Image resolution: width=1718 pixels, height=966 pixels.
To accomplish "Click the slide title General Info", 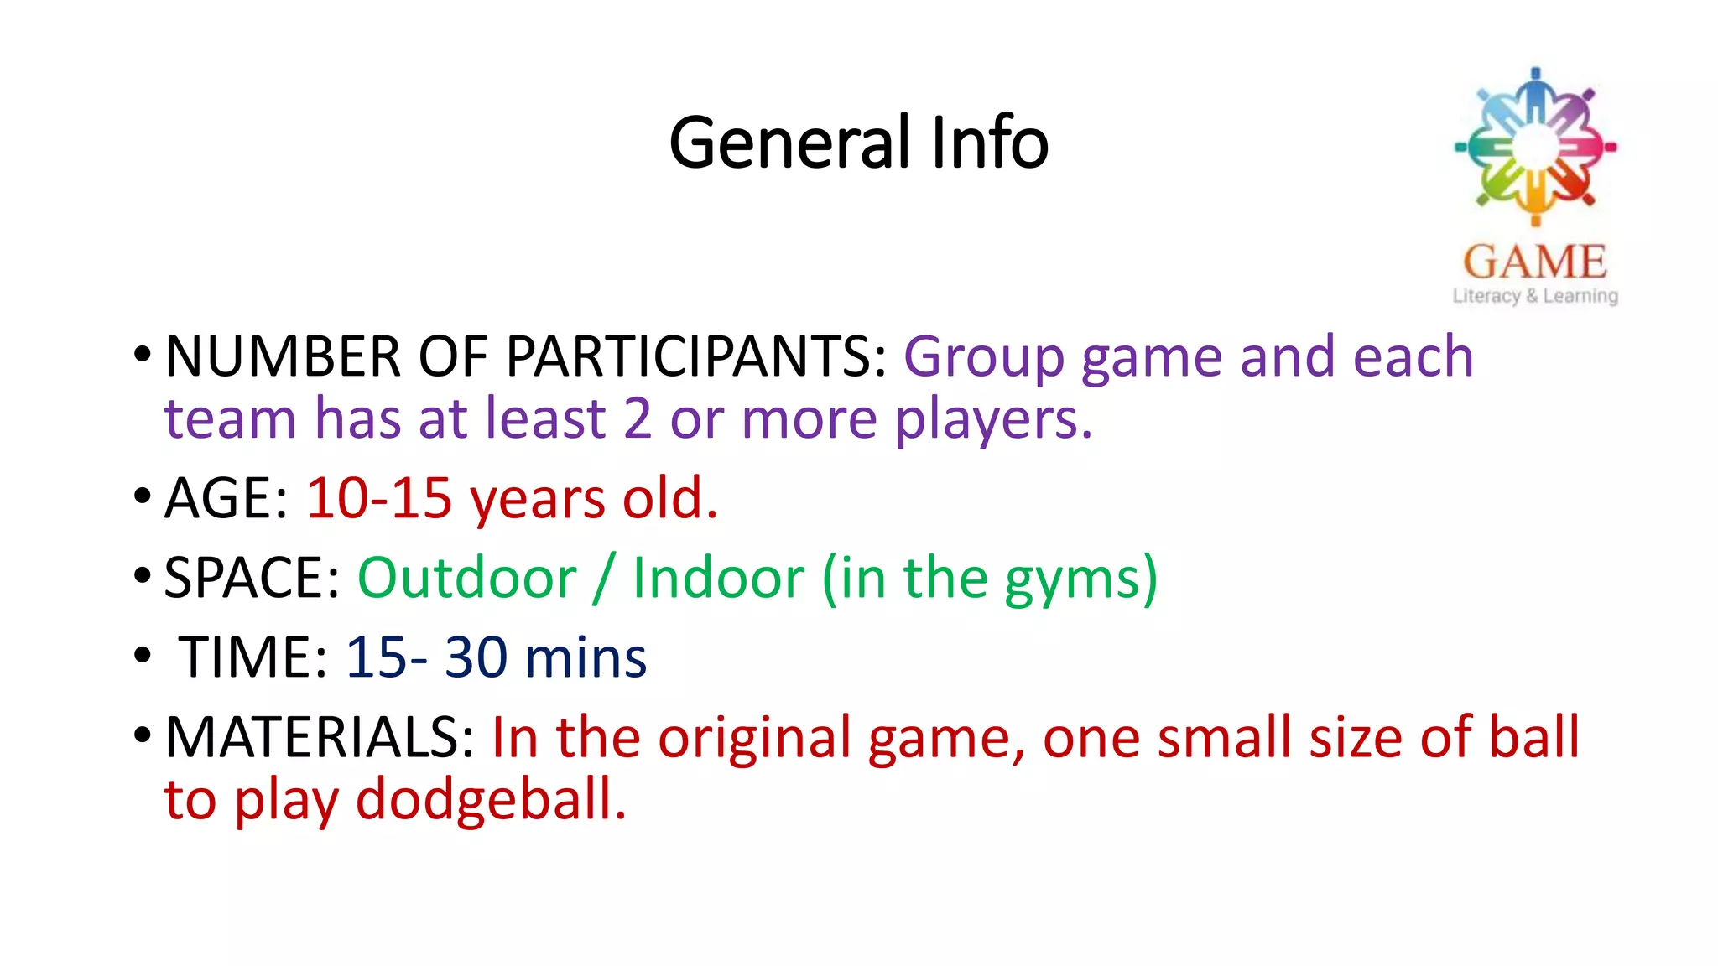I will (x=858, y=143).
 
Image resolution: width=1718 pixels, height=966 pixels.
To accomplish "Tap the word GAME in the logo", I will (x=1535, y=262).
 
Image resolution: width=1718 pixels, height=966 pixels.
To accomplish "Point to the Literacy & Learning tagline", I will (x=1535, y=296).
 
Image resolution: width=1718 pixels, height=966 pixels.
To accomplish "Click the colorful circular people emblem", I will (x=1535, y=147).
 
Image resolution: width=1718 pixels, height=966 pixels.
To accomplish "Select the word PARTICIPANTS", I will (x=696, y=357).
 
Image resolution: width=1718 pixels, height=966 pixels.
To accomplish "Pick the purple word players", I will (x=993, y=420).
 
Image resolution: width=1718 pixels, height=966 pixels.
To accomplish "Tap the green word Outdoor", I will (x=467, y=579).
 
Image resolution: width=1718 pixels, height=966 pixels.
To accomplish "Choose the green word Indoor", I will (x=719, y=579).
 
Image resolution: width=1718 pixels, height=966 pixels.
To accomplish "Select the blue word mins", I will (x=585, y=658).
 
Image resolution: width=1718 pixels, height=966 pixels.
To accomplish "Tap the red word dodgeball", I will (x=491, y=800).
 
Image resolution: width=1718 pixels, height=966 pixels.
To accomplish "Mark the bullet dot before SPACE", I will (x=142, y=576).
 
